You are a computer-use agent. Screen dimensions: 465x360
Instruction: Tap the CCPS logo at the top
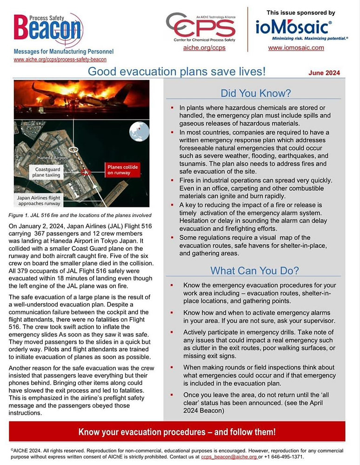pyautogui.click(x=200, y=27)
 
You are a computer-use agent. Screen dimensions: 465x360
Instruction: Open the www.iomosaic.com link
pyautogui.click(x=296, y=47)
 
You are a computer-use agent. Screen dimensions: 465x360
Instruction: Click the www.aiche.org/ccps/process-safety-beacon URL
pyautogui.click(x=60, y=60)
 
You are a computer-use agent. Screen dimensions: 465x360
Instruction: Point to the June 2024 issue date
pyautogui.click(x=324, y=73)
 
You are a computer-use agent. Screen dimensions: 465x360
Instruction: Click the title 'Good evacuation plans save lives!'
pyautogui.click(x=177, y=72)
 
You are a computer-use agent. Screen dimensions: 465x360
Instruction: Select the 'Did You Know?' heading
pyautogui.click(x=255, y=93)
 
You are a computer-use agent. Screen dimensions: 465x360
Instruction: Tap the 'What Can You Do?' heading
pyautogui.click(x=254, y=270)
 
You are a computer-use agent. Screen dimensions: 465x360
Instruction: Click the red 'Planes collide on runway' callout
pyautogui.click(x=123, y=170)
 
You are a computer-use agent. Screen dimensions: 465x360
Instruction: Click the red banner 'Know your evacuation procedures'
pyautogui.click(x=177, y=432)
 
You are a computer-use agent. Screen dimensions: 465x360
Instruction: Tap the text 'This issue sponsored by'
pyautogui.click(x=300, y=13)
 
